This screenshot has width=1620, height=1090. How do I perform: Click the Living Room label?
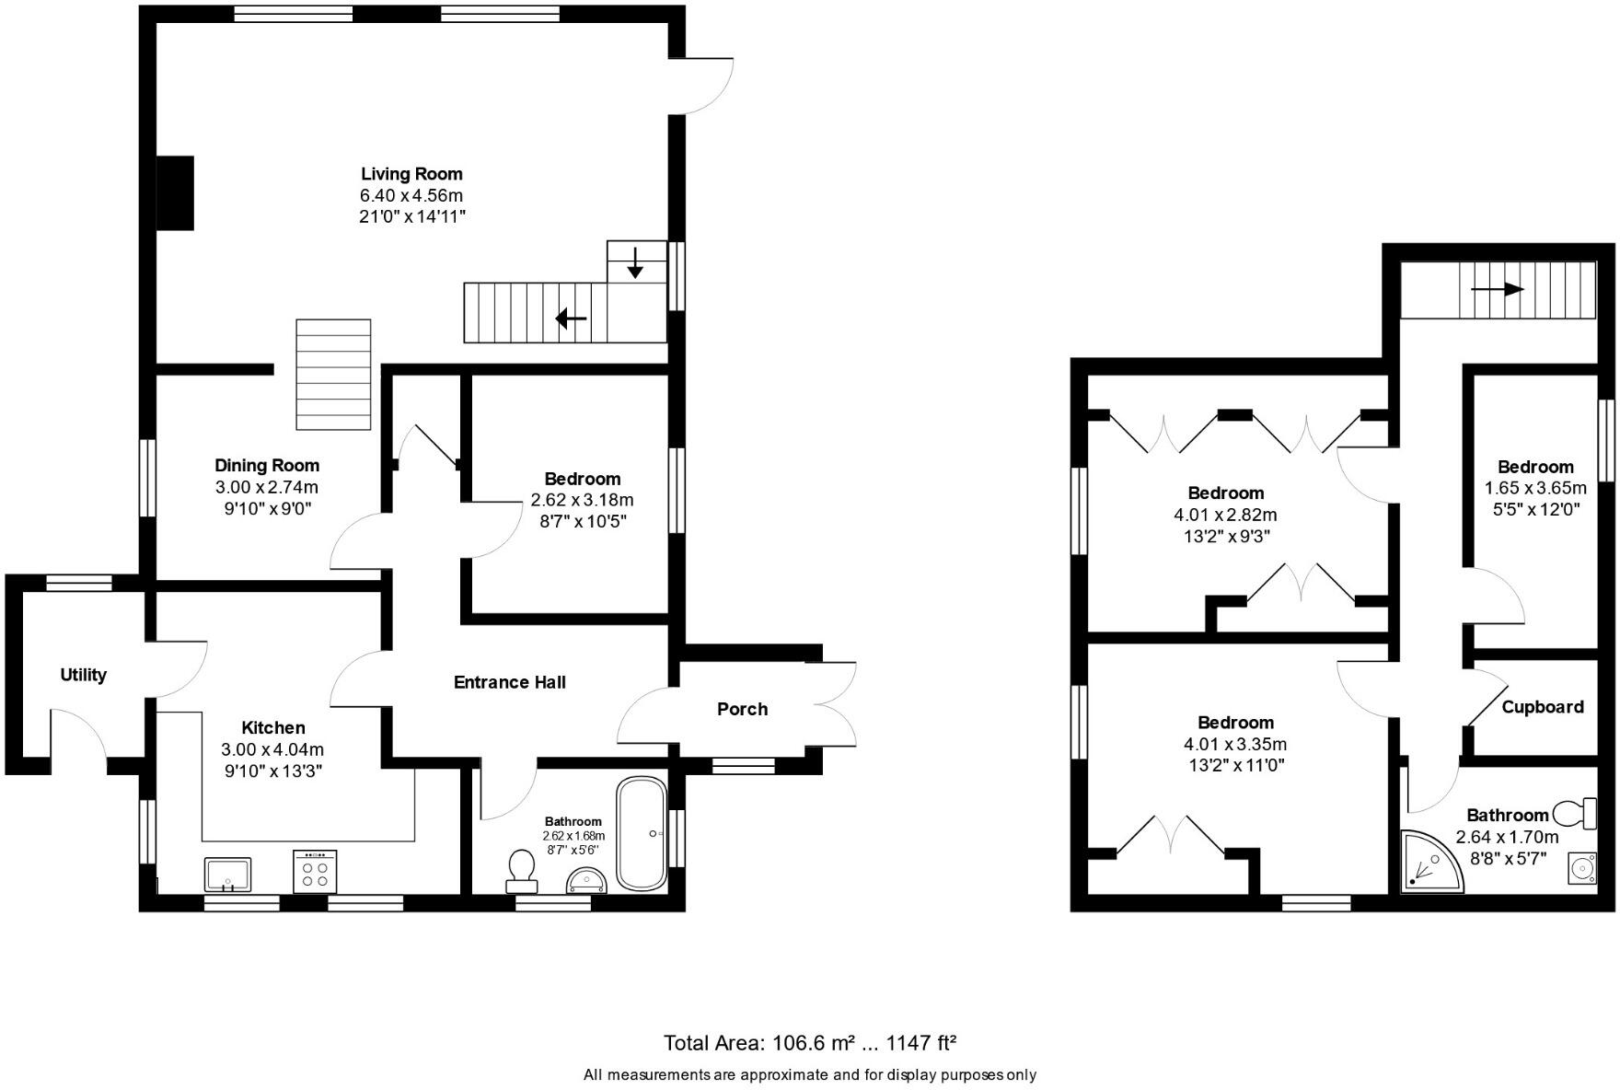click(411, 174)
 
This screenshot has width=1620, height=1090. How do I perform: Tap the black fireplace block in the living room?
click(175, 192)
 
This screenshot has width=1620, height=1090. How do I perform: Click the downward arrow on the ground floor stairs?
click(635, 262)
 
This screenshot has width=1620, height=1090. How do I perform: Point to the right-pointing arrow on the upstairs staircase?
click(1498, 289)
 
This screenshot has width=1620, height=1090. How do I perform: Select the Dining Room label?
click(267, 466)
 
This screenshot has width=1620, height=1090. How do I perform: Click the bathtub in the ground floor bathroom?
click(642, 834)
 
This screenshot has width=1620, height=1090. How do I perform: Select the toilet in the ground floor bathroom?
click(522, 870)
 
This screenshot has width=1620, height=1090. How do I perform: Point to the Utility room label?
click(83, 675)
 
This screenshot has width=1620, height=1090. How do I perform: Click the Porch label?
click(742, 709)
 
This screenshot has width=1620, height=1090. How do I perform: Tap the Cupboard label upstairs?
click(1542, 707)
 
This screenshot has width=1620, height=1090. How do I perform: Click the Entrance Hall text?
click(509, 682)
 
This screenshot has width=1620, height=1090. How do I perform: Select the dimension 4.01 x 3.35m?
click(1235, 744)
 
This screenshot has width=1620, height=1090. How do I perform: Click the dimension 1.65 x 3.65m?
click(1535, 488)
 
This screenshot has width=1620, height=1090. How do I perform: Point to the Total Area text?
click(810, 1043)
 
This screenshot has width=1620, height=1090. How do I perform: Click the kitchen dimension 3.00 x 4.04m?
click(272, 749)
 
